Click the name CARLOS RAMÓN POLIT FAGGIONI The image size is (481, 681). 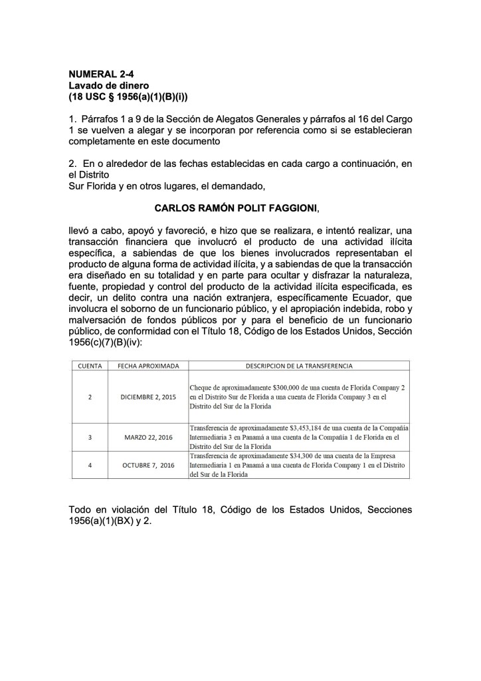(x=236, y=208)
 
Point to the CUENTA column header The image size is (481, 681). (x=90, y=366)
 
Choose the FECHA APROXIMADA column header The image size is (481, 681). (x=148, y=366)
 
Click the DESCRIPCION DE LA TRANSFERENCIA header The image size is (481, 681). (x=299, y=366)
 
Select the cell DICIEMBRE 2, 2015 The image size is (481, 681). (x=148, y=396)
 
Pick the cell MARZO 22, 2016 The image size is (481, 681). (x=148, y=438)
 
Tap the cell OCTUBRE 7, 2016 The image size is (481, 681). (x=148, y=466)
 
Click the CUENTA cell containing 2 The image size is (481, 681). (x=90, y=396)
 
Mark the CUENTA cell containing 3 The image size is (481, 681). (x=90, y=438)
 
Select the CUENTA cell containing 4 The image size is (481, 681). (x=90, y=466)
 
